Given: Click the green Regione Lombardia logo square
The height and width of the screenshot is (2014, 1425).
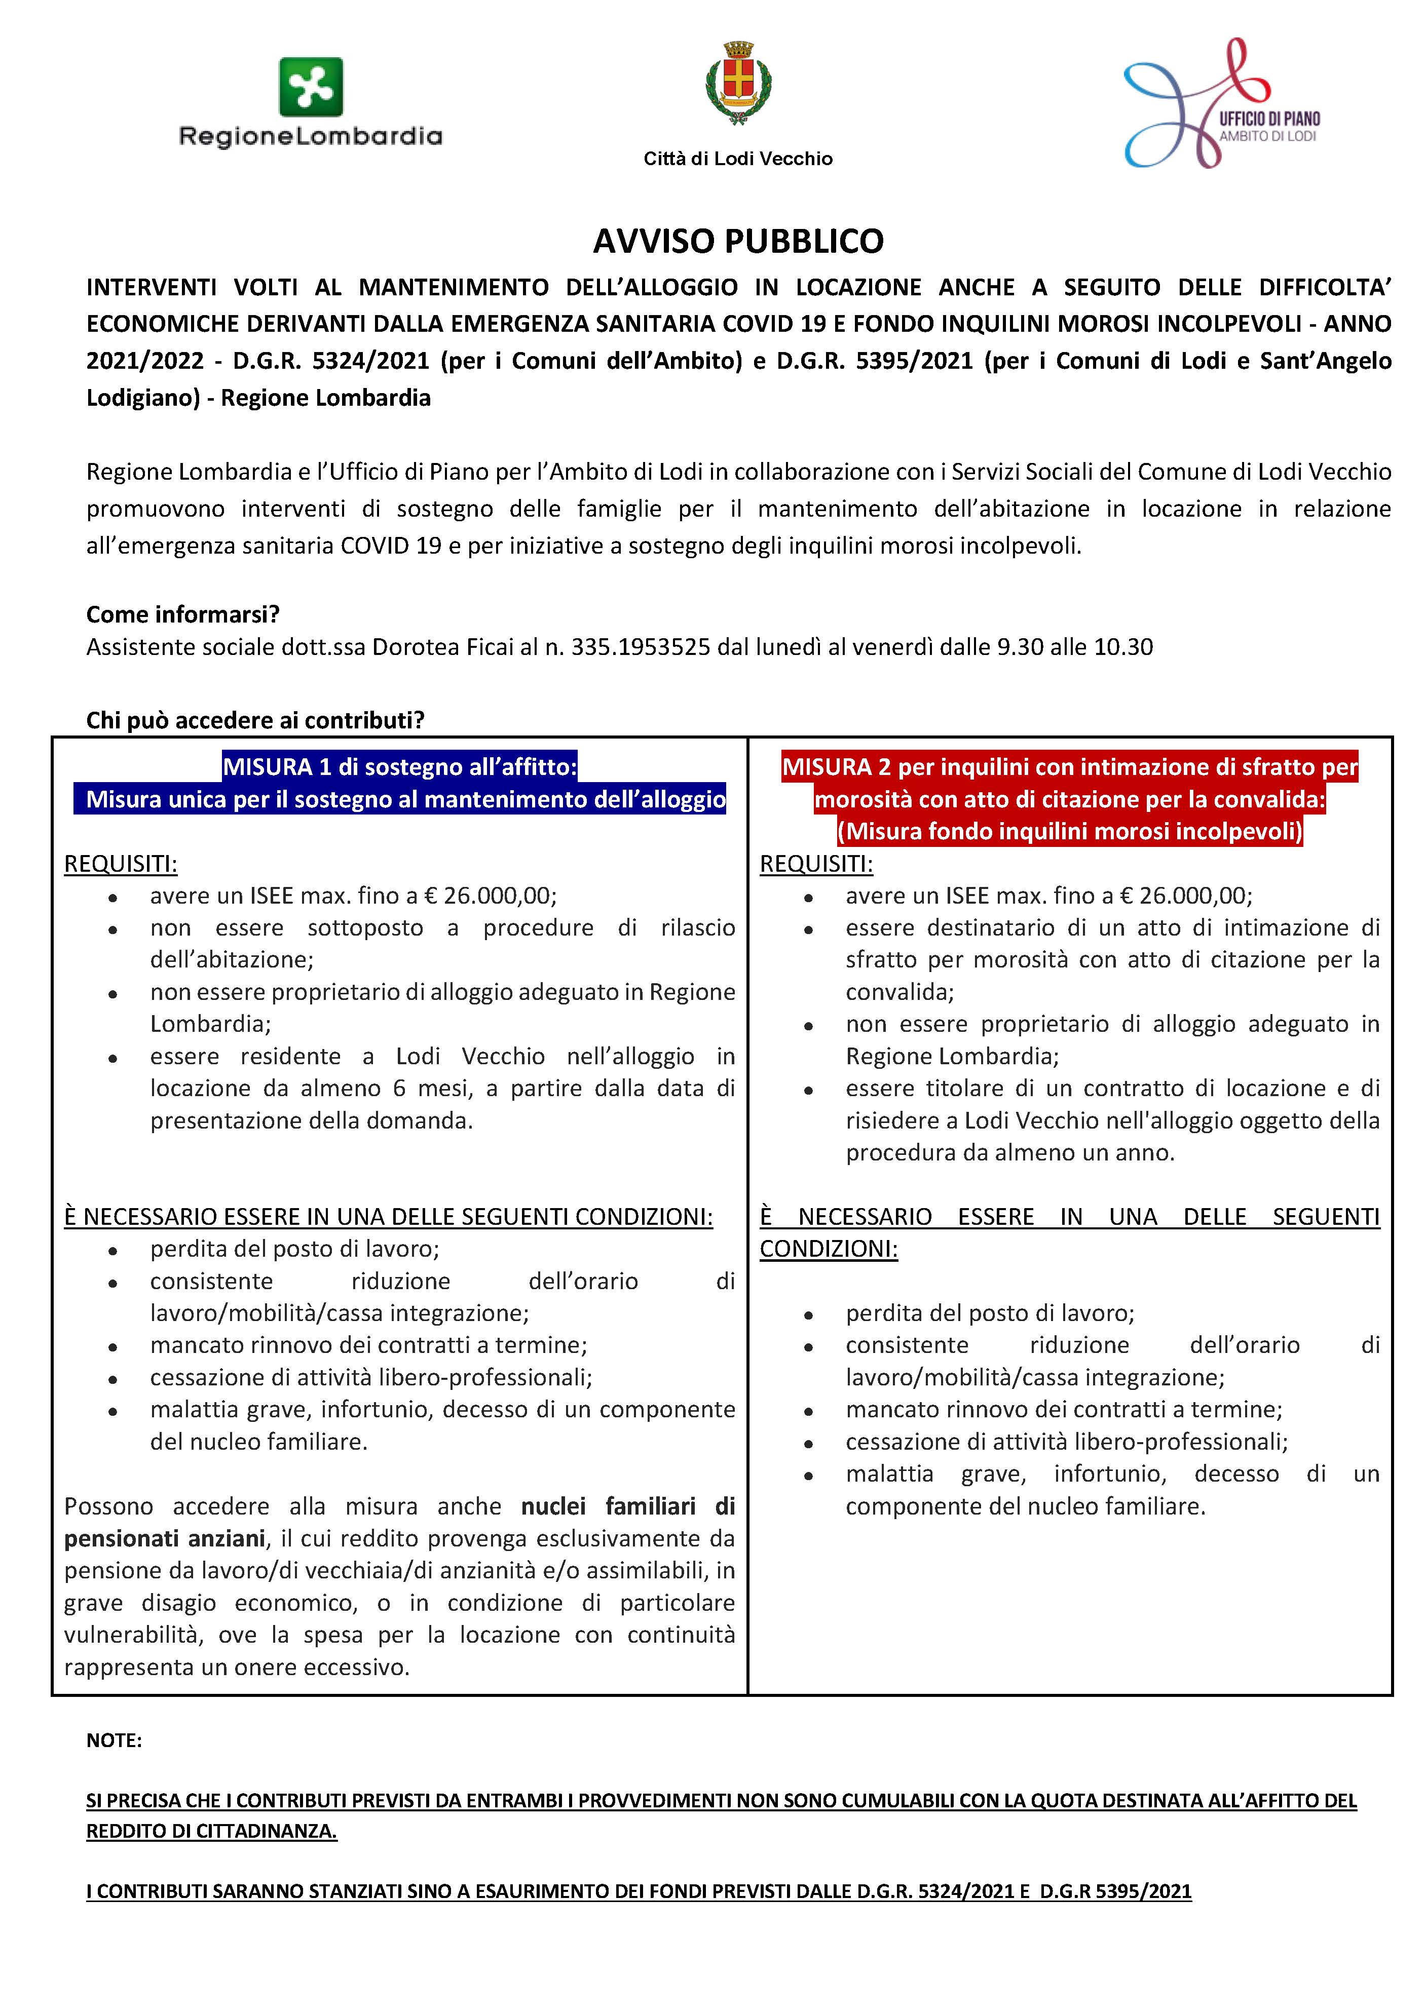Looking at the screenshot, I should coord(311,87).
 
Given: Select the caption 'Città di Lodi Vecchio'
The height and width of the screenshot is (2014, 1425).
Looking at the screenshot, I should coord(738,159).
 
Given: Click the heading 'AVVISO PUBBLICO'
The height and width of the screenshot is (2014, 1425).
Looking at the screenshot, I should coord(738,241).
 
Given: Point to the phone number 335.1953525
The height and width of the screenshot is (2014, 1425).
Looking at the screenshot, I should coord(641,647).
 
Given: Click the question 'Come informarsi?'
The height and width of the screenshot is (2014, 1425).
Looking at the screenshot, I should coord(182,614).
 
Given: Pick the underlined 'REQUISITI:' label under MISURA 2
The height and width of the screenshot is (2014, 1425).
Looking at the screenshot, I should coord(816,864).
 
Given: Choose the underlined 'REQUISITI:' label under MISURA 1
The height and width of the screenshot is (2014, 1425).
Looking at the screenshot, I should coord(120,864).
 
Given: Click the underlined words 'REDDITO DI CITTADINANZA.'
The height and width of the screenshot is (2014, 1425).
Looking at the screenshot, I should coord(211,1832).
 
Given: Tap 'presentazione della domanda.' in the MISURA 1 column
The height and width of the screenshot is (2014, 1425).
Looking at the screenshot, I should coord(312,1121).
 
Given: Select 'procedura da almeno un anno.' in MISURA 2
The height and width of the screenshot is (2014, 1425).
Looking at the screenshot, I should coord(1010,1152).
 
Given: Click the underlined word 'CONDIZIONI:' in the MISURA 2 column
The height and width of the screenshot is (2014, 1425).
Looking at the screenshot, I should coord(829,1249).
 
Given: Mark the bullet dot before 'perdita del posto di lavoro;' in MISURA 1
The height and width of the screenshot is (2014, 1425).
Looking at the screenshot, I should coord(113,1251).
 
